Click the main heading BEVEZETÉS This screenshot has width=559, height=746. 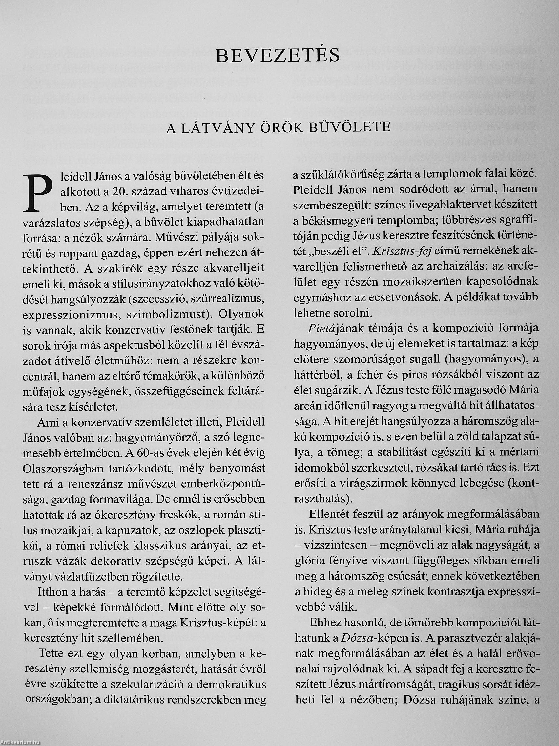coord(278,55)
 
